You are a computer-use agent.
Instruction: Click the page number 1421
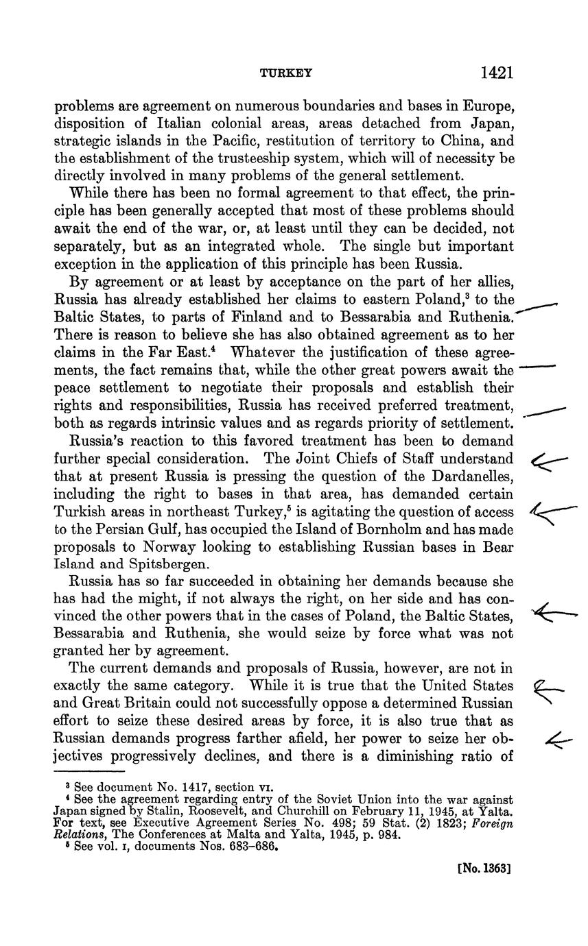[497, 73]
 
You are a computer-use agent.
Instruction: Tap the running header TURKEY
[286, 73]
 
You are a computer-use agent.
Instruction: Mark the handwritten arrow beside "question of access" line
[553, 511]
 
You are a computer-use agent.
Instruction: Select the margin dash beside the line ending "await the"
[538, 368]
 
